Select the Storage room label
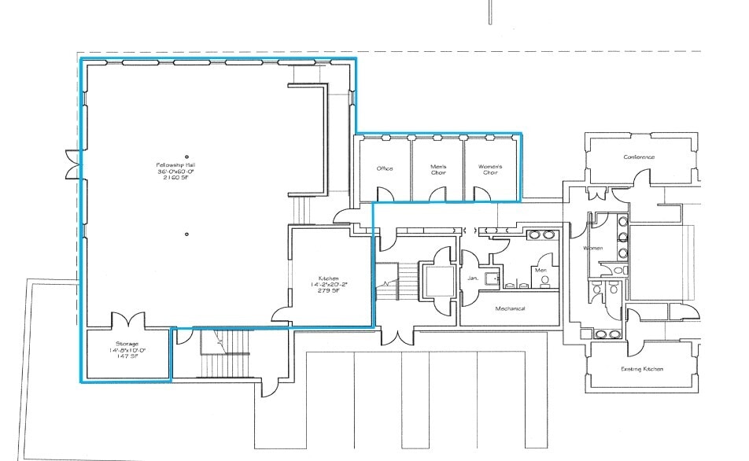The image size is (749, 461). (127, 344)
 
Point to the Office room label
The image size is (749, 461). (384, 168)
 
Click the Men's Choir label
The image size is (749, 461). (438, 168)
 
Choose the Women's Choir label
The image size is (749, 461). (489, 168)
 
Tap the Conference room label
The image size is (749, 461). (639, 157)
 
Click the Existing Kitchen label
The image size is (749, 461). (641, 369)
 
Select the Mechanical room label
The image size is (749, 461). (510, 308)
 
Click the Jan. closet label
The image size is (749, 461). (473, 278)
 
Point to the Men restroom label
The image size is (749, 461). (541, 270)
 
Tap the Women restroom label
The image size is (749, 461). (592, 249)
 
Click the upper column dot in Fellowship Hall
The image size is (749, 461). (187, 155)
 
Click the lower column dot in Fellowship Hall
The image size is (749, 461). (187, 233)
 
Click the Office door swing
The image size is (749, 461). (383, 194)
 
